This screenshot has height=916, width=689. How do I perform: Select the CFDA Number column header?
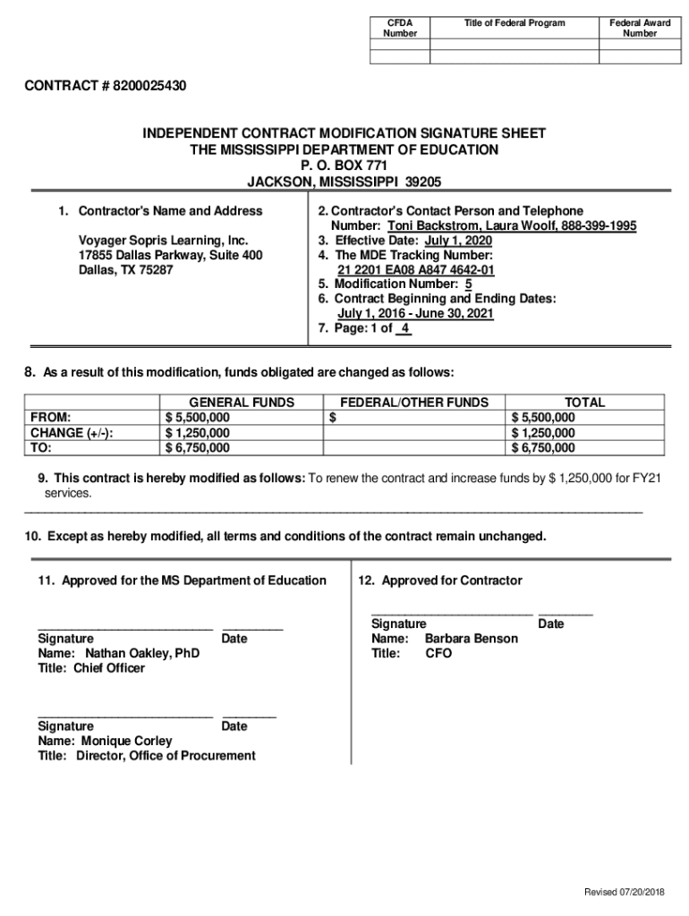pos(400,28)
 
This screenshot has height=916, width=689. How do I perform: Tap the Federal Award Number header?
pos(640,28)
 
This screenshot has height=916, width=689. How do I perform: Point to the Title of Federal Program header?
pos(515,22)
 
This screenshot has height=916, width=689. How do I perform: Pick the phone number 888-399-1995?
pos(599,226)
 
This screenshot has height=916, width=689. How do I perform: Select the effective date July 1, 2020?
pos(458,241)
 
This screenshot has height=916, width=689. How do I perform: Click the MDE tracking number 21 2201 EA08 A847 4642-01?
pos(416,270)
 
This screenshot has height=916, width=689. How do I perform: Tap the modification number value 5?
pos(468,284)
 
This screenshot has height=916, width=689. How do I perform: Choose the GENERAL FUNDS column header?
pos(242,403)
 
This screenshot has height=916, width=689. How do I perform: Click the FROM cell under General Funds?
pos(198,418)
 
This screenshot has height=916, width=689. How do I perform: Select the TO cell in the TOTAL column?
pos(543,448)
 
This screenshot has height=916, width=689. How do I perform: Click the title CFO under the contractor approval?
pos(438,653)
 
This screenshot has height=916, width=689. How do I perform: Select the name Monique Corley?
pos(127,741)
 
